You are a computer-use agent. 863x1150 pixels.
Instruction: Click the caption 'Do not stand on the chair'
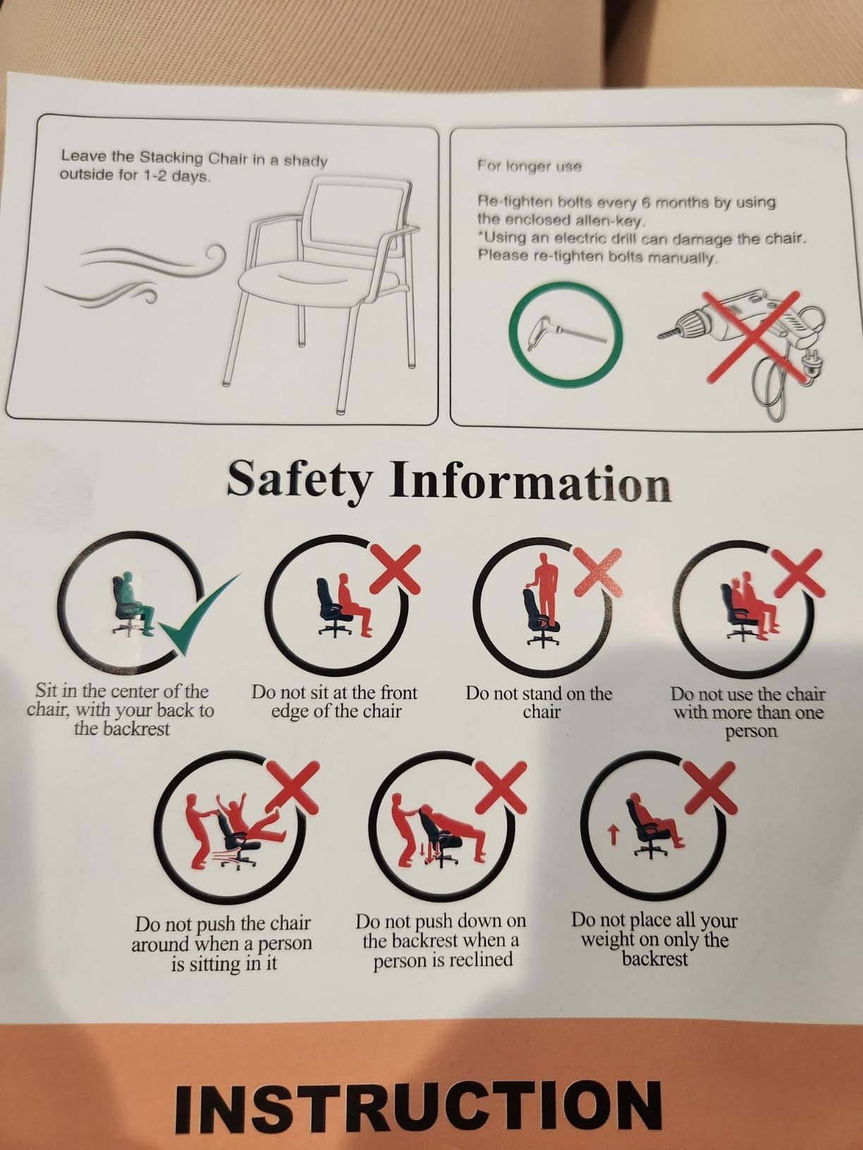(x=539, y=702)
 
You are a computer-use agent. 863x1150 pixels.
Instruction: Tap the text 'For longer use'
(x=530, y=166)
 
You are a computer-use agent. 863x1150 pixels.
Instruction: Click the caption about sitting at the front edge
(x=334, y=702)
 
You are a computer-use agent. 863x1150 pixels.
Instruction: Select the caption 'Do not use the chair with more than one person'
(x=749, y=712)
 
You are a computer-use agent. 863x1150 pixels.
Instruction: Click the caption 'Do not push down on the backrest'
(x=441, y=941)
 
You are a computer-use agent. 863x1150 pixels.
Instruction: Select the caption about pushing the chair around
(x=221, y=944)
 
